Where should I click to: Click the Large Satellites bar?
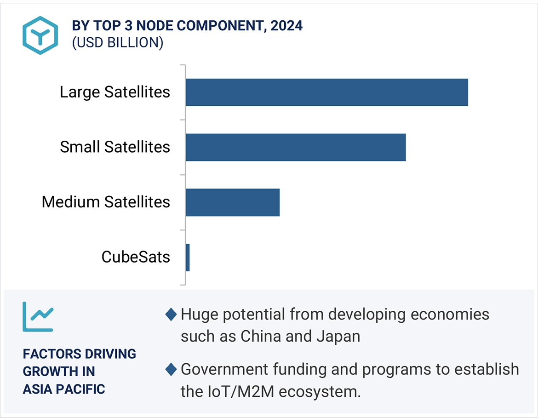326,92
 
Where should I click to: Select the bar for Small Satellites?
296,147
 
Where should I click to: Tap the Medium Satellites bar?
233,202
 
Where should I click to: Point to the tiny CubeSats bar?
188,257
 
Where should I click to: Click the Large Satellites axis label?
115,92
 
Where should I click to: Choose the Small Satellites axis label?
115,147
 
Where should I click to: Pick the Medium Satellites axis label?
106,202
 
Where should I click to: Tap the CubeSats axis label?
136,257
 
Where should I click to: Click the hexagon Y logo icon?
40,35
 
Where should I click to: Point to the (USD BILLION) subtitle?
117,42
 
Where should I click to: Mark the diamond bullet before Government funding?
171,369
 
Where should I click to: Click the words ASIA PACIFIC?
64,389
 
